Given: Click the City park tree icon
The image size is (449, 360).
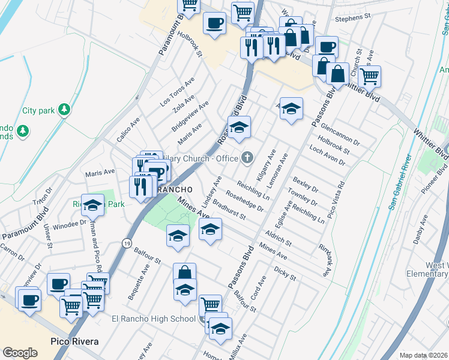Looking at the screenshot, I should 64,110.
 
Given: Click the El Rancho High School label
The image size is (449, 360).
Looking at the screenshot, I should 154,319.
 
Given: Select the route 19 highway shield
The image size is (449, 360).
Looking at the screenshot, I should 127,243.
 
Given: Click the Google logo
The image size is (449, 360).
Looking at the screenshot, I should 20,353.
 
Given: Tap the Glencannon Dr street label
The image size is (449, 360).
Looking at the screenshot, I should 340,135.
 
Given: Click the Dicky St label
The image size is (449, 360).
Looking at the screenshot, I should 285,274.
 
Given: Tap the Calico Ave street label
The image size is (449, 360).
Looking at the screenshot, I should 128,129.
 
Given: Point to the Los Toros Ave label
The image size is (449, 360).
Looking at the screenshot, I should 177,92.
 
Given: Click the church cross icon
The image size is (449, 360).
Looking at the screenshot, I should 247,158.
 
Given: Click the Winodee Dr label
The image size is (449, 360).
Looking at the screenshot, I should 70,225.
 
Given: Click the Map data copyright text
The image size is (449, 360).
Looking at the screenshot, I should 423,355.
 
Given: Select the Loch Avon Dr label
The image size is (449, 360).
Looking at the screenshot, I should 327,154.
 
